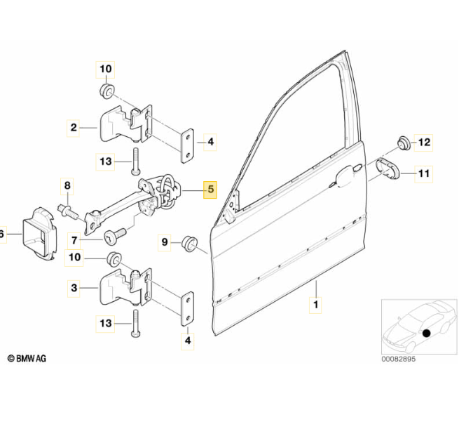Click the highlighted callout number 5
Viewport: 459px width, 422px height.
(x=210, y=190)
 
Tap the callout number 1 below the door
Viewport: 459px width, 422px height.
(x=315, y=305)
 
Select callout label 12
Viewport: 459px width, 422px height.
(x=423, y=143)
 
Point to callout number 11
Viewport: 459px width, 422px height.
(x=423, y=173)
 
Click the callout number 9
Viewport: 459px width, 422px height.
(x=165, y=242)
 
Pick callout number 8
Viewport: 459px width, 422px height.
(x=67, y=186)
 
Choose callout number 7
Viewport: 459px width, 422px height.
(x=74, y=241)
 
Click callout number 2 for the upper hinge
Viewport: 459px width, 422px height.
(x=74, y=128)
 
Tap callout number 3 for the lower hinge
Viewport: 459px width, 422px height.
(x=74, y=288)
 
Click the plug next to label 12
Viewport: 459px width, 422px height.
(x=404, y=143)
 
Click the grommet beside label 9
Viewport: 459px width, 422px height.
(x=190, y=244)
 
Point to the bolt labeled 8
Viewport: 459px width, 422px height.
(x=68, y=212)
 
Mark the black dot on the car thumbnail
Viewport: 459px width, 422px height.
(x=427, y=333)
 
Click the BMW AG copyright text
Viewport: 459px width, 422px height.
(x=27, y=358)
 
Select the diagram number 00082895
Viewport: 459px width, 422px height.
(x=398, y=359)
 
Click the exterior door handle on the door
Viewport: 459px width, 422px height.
(x=345, y=176)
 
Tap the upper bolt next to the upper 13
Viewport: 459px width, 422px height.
(x=136, y=161)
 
